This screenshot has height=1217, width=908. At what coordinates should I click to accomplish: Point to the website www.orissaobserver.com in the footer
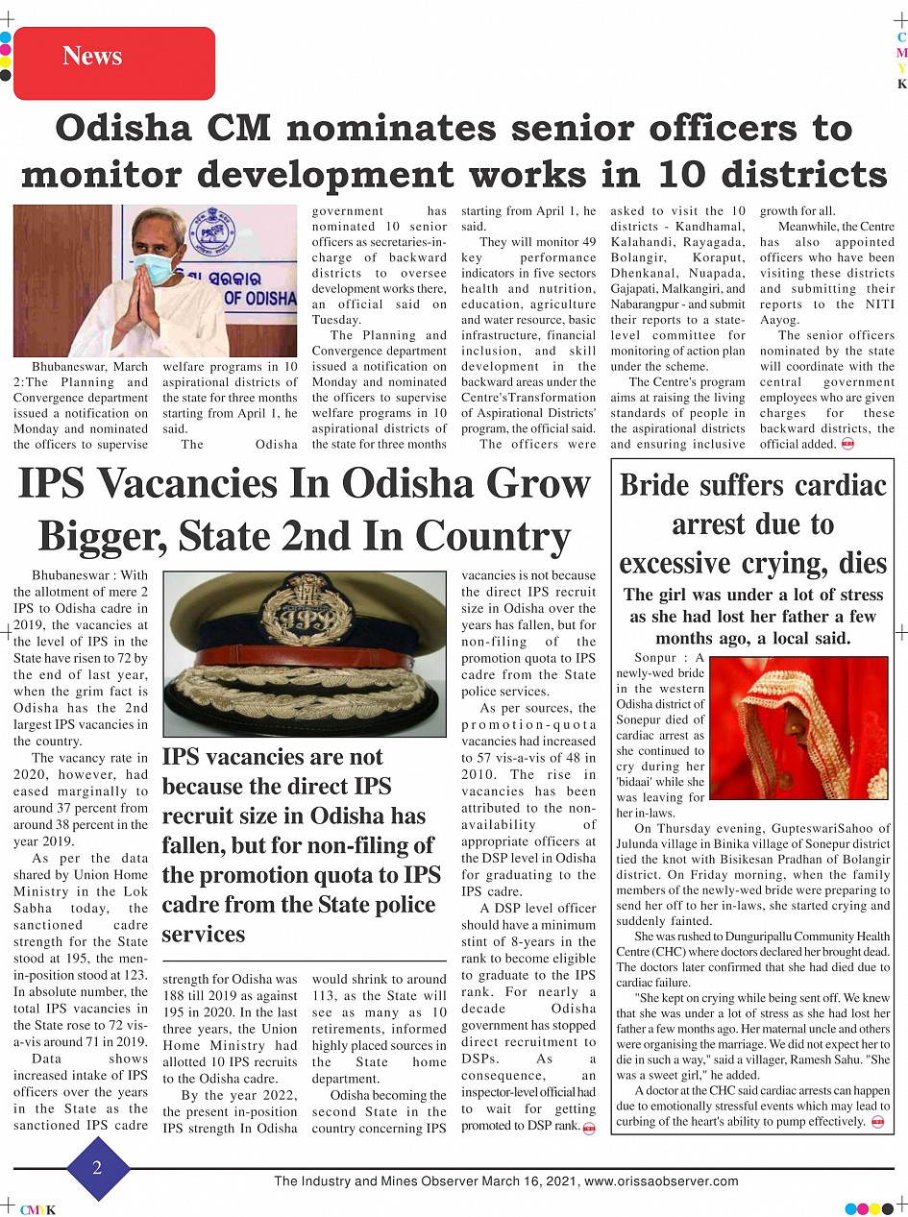661,1181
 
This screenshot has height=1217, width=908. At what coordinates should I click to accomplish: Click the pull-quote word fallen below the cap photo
197,846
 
